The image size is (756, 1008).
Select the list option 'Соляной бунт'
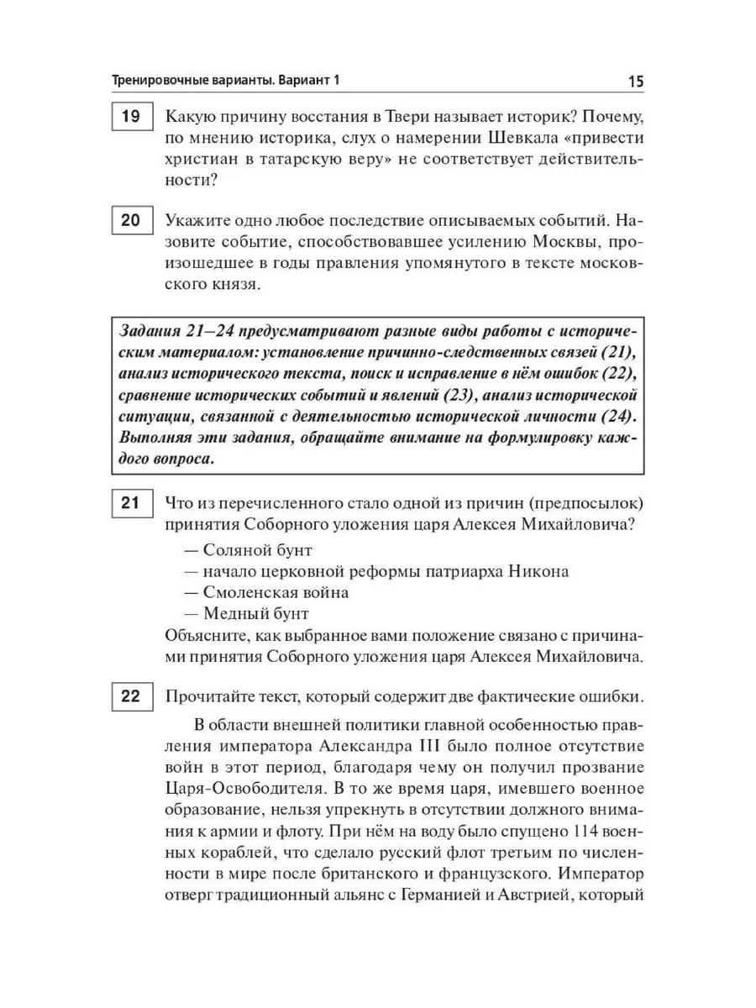pyautogui.click(x=246, y=550)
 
